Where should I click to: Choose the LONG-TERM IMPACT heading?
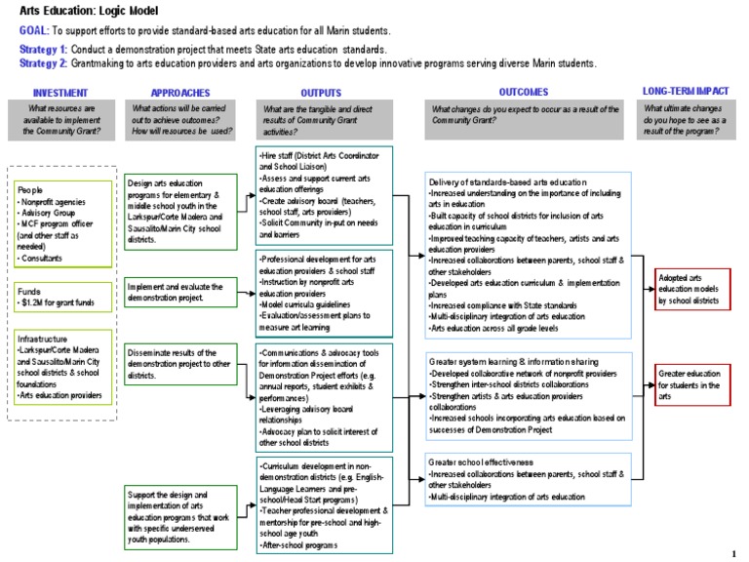(685, 90)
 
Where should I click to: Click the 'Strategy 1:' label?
(43, 49)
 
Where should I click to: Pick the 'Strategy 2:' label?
(43, 62)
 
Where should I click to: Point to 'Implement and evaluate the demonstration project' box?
(181, 291)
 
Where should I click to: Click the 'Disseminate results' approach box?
(181, 360)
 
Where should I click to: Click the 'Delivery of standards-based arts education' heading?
(507, 182)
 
